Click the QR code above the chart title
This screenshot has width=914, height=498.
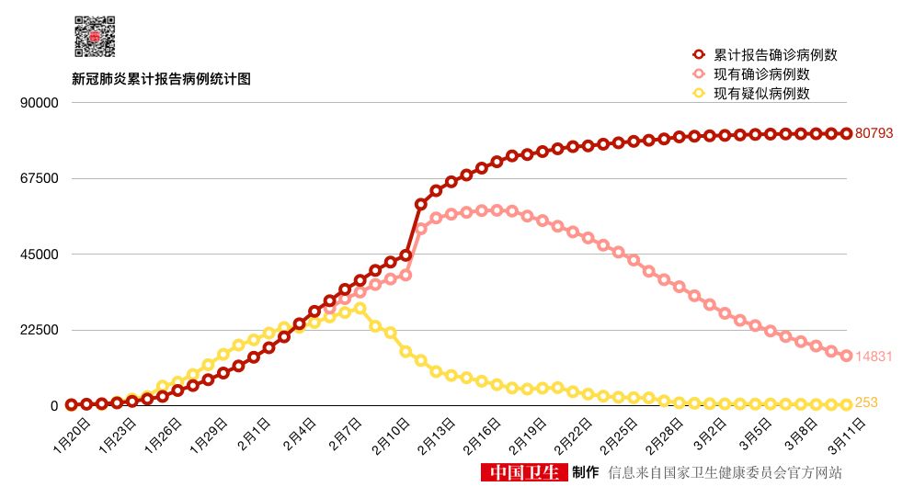click(95, 38)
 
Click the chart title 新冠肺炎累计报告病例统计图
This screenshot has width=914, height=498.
click(162, 79)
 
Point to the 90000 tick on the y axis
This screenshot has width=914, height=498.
click(40, 102)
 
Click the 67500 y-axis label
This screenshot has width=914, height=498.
click(40, 178)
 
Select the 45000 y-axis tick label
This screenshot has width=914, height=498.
click(40, 255)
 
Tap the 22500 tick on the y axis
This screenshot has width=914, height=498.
click(40, 330)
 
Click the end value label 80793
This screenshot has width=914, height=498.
click(874, 133)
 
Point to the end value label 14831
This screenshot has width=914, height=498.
click(874, 357)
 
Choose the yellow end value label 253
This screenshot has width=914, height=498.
click(867, 402)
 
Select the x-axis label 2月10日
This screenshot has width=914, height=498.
click(390, 433)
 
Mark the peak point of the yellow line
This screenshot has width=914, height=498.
click(360, 309)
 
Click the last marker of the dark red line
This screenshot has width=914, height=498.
click(846, 133)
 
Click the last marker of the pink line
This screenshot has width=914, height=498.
click(846, 356)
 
